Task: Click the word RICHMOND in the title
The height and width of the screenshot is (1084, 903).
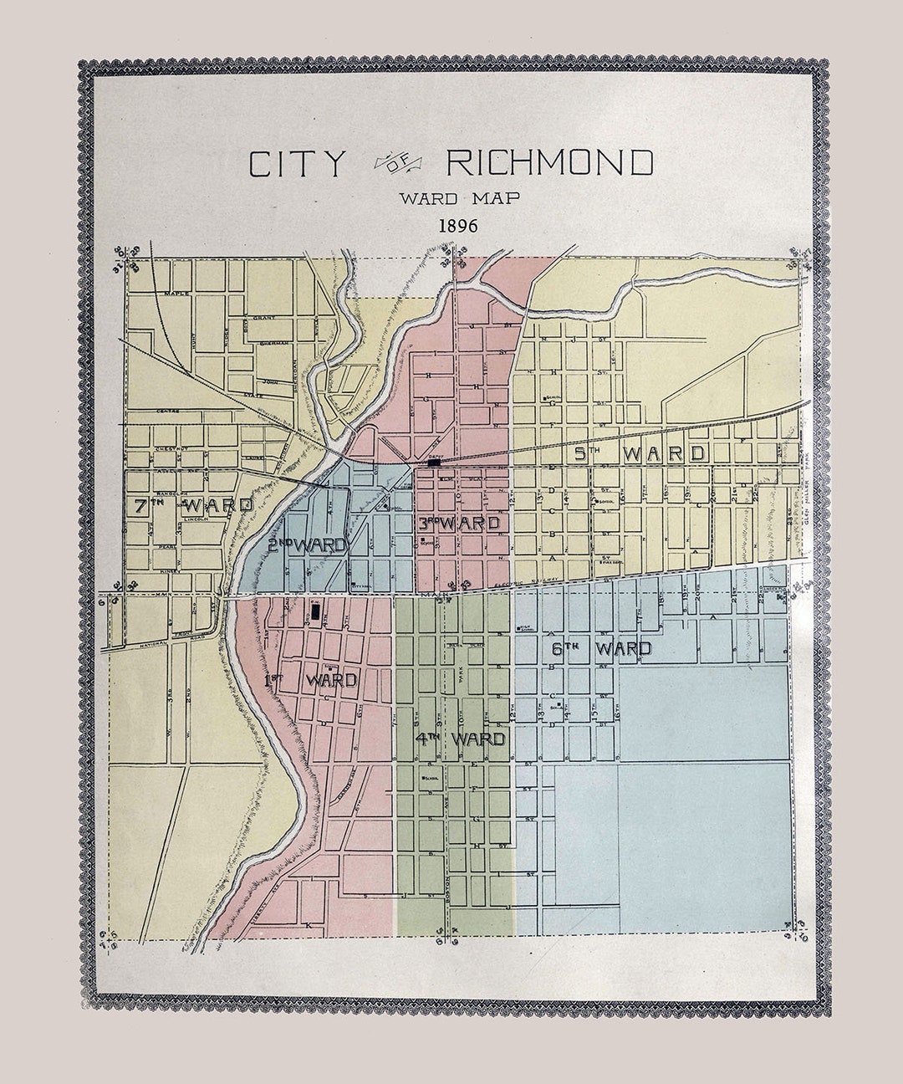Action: [549, 163]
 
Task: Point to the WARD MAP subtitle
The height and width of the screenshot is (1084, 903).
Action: [459, 198]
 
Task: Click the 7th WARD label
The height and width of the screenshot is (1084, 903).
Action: [193, 505]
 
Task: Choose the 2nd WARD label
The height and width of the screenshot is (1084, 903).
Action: [307, 545]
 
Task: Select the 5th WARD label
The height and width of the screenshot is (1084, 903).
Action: [640, 454]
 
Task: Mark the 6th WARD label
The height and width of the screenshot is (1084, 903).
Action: [601, 648]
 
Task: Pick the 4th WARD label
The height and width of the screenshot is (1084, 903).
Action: [460, 739]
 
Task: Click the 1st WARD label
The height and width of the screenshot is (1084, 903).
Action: [311, 681]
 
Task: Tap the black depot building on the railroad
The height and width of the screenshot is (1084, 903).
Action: [433, 462]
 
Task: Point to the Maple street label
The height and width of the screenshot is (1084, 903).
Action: [176, 294]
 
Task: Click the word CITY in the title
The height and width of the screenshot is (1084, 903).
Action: [296, 164]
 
